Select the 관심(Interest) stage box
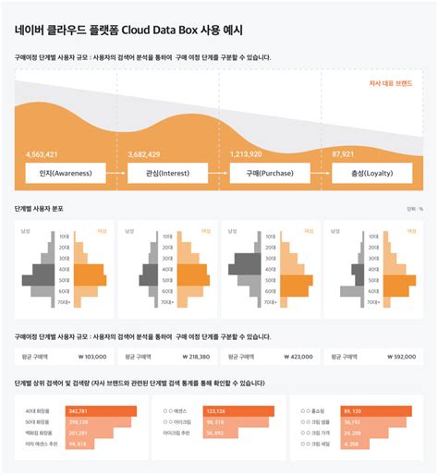(x=166, y=173)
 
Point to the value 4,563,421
(x=43, y=153)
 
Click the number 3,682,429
(x=144, y=153)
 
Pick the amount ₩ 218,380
(x=192, y=356)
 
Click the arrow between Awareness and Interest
(x=116, y=173)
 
